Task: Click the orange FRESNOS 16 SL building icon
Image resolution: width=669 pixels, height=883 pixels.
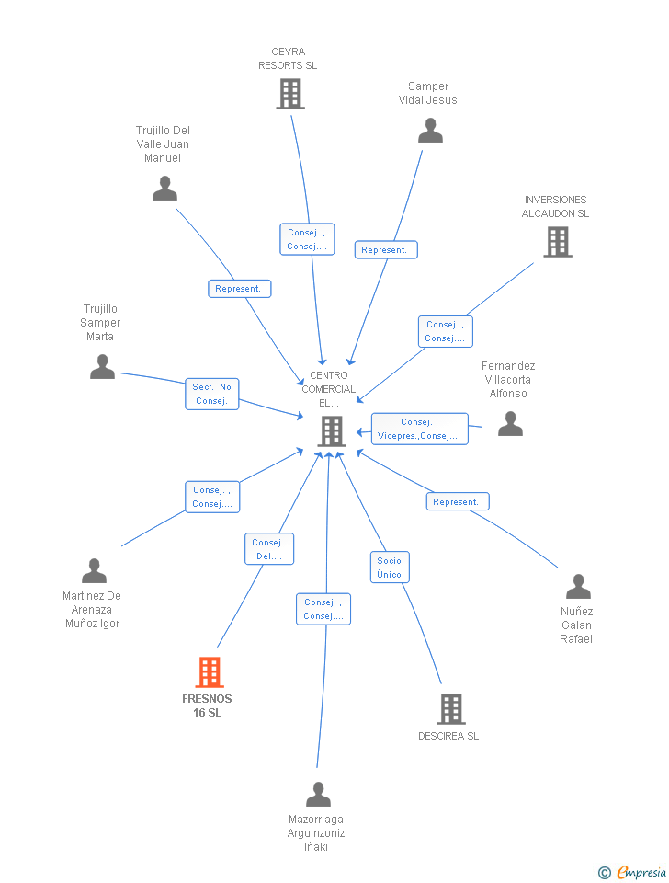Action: [210, 672]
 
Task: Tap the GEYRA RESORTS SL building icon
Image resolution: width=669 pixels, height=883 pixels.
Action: [290, 93]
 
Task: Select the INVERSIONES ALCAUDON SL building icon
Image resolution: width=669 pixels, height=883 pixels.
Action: [557, 241]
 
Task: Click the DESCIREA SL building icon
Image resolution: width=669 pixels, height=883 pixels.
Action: [450, 708]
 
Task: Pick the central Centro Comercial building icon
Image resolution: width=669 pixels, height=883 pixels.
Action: [331, 430]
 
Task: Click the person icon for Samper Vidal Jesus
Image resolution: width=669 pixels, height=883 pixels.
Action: [430, 131]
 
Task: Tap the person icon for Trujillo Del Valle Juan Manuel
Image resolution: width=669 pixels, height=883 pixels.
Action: [164, 188]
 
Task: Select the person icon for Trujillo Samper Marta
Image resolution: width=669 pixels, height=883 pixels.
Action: [102, 366]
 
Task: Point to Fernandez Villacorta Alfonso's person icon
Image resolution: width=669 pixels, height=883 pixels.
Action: [510, 423]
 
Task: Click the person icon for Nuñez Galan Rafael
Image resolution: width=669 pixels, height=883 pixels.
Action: [578, 586]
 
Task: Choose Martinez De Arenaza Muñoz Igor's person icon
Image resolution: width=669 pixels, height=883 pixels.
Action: [94, 571]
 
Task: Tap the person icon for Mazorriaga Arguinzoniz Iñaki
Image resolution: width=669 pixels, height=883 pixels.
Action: [318, 794]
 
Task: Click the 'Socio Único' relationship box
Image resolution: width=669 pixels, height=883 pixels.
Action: [389, 568]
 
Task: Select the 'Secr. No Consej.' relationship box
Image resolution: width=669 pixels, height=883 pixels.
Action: [212, 394]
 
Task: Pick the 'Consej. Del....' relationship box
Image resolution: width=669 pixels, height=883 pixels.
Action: [268, 549]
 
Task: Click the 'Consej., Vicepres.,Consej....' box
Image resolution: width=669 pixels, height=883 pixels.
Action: [419, 429]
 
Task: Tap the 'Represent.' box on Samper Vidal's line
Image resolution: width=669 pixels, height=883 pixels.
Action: [385, 250]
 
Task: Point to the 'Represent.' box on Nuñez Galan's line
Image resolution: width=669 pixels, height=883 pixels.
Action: [457, 502]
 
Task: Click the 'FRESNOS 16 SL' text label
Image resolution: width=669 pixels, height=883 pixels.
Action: [208, 705]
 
